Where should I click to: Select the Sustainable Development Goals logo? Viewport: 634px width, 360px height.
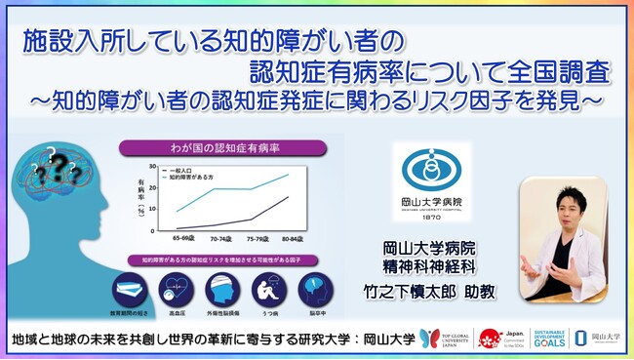pos(544,336)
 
